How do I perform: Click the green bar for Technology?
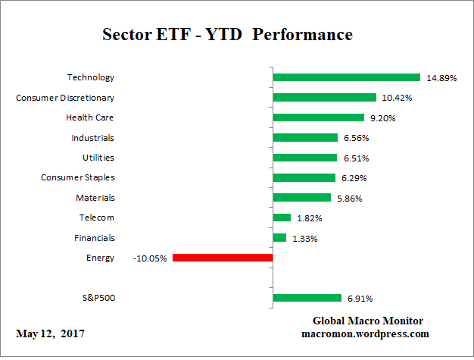(346, 77)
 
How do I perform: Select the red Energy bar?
(222, 258)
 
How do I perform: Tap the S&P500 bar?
(307, 298)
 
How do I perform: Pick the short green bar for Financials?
(279, 238)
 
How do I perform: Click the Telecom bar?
(282, 218)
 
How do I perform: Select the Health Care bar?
(318, 117)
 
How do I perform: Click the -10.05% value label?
(151, 258)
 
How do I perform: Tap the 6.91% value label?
(360, 299)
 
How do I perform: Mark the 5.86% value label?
(350, 198)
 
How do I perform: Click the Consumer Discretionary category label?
(65, 98)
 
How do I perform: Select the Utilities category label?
(98, 158)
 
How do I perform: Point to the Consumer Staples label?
(77, 177)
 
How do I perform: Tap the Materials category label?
(95, 198)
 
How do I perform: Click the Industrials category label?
(93, 138)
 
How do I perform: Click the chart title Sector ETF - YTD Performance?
(227, 35)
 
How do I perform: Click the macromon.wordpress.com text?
(366, 333)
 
